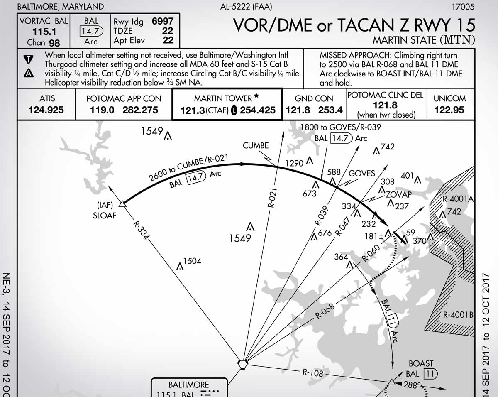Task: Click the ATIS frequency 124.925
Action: click(46, 110)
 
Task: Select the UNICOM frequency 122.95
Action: click(450, 110)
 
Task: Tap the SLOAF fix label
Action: click(105, 216)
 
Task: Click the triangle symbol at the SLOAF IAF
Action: click(122, 204)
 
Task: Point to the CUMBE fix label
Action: click(256, 146)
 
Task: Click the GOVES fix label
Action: click(361, 174)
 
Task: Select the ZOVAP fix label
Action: click(399, 194)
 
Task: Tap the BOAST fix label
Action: click(421, 364)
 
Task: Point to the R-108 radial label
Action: click(312, 372)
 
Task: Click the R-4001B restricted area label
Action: click(458, 314)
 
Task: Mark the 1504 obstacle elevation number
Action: click(192, 261)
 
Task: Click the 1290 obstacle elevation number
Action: click(295, 164)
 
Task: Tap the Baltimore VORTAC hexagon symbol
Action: click(243, 364)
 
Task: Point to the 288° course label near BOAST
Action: click(413, 385)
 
